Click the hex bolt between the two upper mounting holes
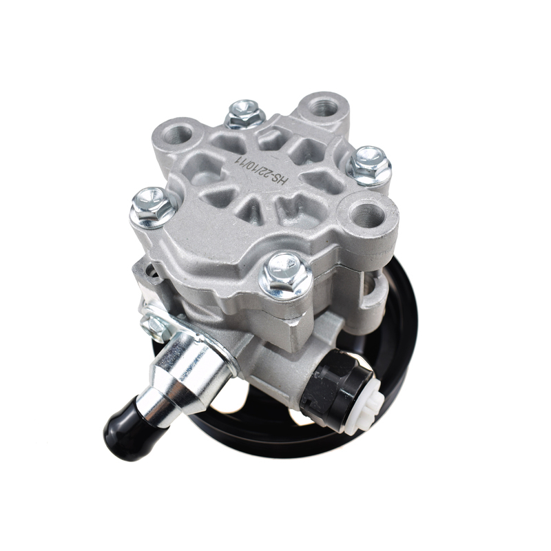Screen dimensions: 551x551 [245, 113]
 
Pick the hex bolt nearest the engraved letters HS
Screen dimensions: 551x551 [368, 165]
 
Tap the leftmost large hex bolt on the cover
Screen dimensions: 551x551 [152, 207]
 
